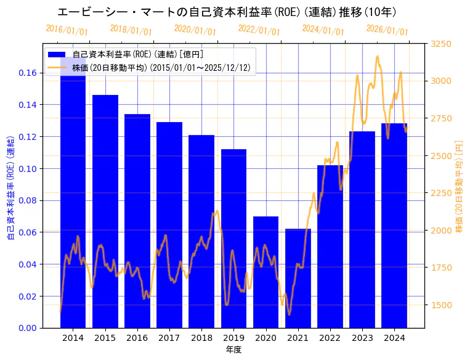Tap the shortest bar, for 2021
pos(298,278)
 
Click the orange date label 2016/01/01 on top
pos(67,30)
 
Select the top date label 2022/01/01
pos(259,30)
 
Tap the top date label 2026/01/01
pos(387,30)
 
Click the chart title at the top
pos(227,12)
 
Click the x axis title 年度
pos(233,350)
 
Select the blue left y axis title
pos(10,186)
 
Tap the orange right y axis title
pos(459,186)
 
